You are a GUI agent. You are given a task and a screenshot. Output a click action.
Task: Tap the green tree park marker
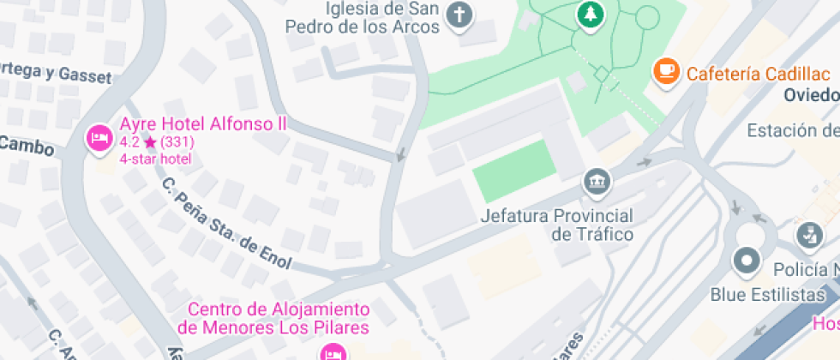pyautogui.click(x=590, y=14)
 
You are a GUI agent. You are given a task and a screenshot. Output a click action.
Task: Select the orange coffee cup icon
pyautogui.click(x=665, y=72)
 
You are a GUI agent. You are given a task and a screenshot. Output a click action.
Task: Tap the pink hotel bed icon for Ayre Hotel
pyautogui.click(x=99, y=137)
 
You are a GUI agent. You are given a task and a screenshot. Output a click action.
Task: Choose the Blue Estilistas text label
pyautogui.click(x=767, y=295)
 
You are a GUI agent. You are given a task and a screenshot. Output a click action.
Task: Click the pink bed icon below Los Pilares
pyautogui.click(x=333, y=351)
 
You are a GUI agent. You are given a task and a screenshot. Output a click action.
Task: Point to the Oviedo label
pyautogui.click(x=811, y=94)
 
